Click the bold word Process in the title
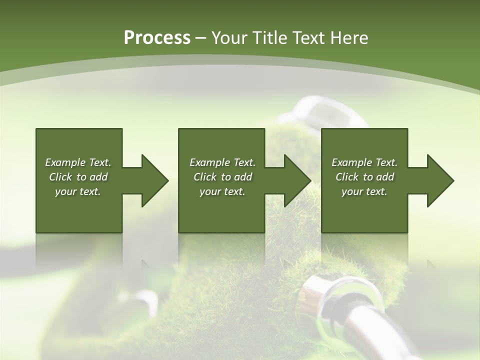point(157,38)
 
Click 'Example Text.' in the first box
point(78,162)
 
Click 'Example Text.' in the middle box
point(222,162)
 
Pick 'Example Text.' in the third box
point(364,162)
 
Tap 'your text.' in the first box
point(78,191)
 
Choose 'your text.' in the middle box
point(222,191)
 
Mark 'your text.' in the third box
point(364,191)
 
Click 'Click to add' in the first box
point(78,177)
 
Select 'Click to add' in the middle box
point(222,177)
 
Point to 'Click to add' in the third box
point(364,177)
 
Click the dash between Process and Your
point(200,38)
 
